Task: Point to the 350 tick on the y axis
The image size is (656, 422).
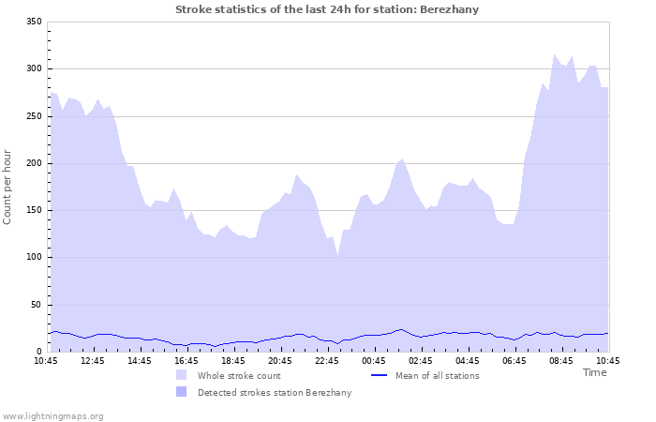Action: coord(33,22)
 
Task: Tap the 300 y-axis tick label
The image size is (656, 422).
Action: coord(33,68)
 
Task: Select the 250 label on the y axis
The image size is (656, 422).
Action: coord(33,116)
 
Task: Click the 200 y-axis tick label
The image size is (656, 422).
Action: coord(33,163)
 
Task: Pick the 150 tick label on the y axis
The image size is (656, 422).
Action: coord(33,210)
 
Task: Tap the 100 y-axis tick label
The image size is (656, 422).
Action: coord(33,257)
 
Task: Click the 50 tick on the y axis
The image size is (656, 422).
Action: coord(36,305)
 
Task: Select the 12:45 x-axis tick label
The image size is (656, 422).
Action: coord(93,360)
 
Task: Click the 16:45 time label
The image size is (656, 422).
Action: coord(186,360)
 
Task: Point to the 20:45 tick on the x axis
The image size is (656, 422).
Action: coord(280,360)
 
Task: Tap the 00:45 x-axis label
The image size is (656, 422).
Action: coord(374,360)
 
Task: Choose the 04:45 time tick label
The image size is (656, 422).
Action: coord(468,360)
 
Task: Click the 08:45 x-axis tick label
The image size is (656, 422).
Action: coord(561,360)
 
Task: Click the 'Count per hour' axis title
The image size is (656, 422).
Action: coord(8,187)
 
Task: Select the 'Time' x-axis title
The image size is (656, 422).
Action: coord(594,372)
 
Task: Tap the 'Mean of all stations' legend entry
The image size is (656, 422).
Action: coord(437,375)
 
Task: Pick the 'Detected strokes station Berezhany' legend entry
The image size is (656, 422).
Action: coord(274,392)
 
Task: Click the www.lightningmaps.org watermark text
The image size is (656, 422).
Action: coord(52,415)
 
